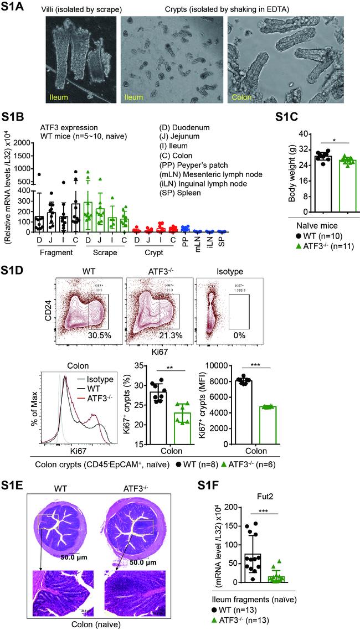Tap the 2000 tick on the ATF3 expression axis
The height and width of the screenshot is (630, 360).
pyautogui.click(x=22, y=143)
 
